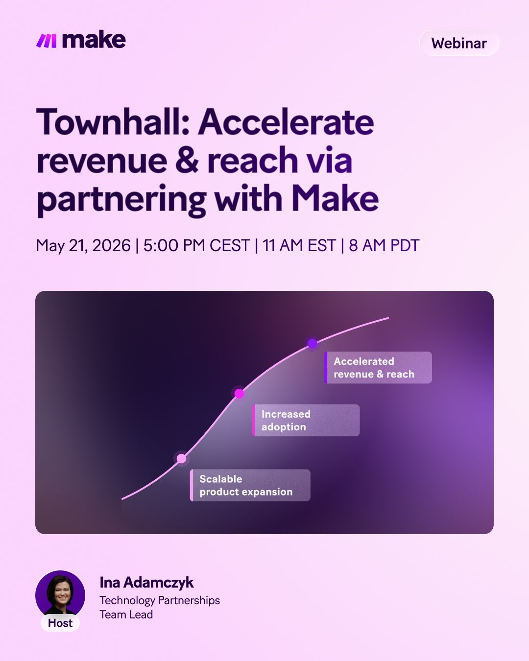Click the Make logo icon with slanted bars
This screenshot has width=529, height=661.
(x=47, y=41)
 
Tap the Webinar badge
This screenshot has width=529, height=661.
(x=459, y=43)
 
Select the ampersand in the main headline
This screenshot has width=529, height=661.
(x=187, y=160)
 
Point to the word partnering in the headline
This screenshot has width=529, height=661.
(x=121, y=200)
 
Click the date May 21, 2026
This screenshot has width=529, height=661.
(x=83, y=246)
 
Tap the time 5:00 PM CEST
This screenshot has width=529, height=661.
(x=196, y=246)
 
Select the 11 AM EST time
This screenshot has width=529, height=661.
(x=299, y=246)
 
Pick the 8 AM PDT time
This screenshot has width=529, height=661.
(x=384, y=246)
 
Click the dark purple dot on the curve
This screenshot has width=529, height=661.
(x=313, y=343)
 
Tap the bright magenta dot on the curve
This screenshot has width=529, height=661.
(x=239, y=394)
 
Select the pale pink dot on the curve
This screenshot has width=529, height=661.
(x=182, y=459)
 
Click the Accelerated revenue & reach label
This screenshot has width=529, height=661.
(x=378, y=368)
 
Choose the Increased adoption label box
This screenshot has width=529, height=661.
(x=306, y=421)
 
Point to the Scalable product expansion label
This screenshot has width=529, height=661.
(x=250, y=485)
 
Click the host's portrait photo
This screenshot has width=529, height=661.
(x=60, y=595)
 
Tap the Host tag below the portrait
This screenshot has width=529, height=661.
(x=60, y=623)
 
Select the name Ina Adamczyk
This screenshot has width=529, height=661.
(x=146, y=582)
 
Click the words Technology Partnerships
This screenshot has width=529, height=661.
(x=160, y=601)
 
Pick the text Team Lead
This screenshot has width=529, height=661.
(x=126, y=614)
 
